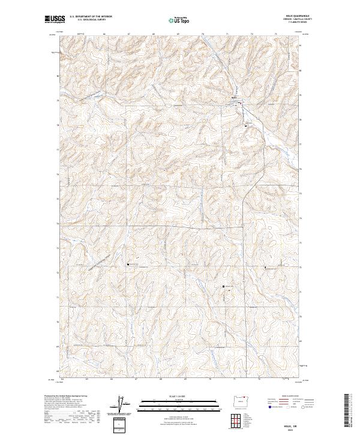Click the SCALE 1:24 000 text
(x=173, y=396)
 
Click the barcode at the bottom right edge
(x=347, y=412)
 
